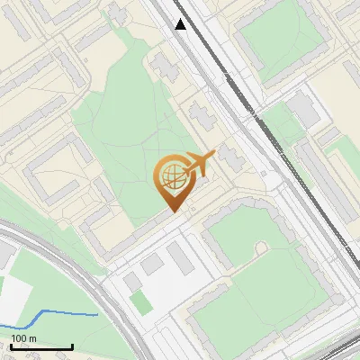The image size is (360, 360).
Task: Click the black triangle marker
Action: point(181,24)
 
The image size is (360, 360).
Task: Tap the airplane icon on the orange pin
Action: point(200,165)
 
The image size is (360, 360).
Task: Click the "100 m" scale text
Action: point(23,338)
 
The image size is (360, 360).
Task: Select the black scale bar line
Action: point(40,346)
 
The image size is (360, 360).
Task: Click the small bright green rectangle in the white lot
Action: point(141,303)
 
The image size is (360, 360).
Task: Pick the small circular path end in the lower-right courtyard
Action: point(261,247)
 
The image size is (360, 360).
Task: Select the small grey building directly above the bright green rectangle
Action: point(133,282)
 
